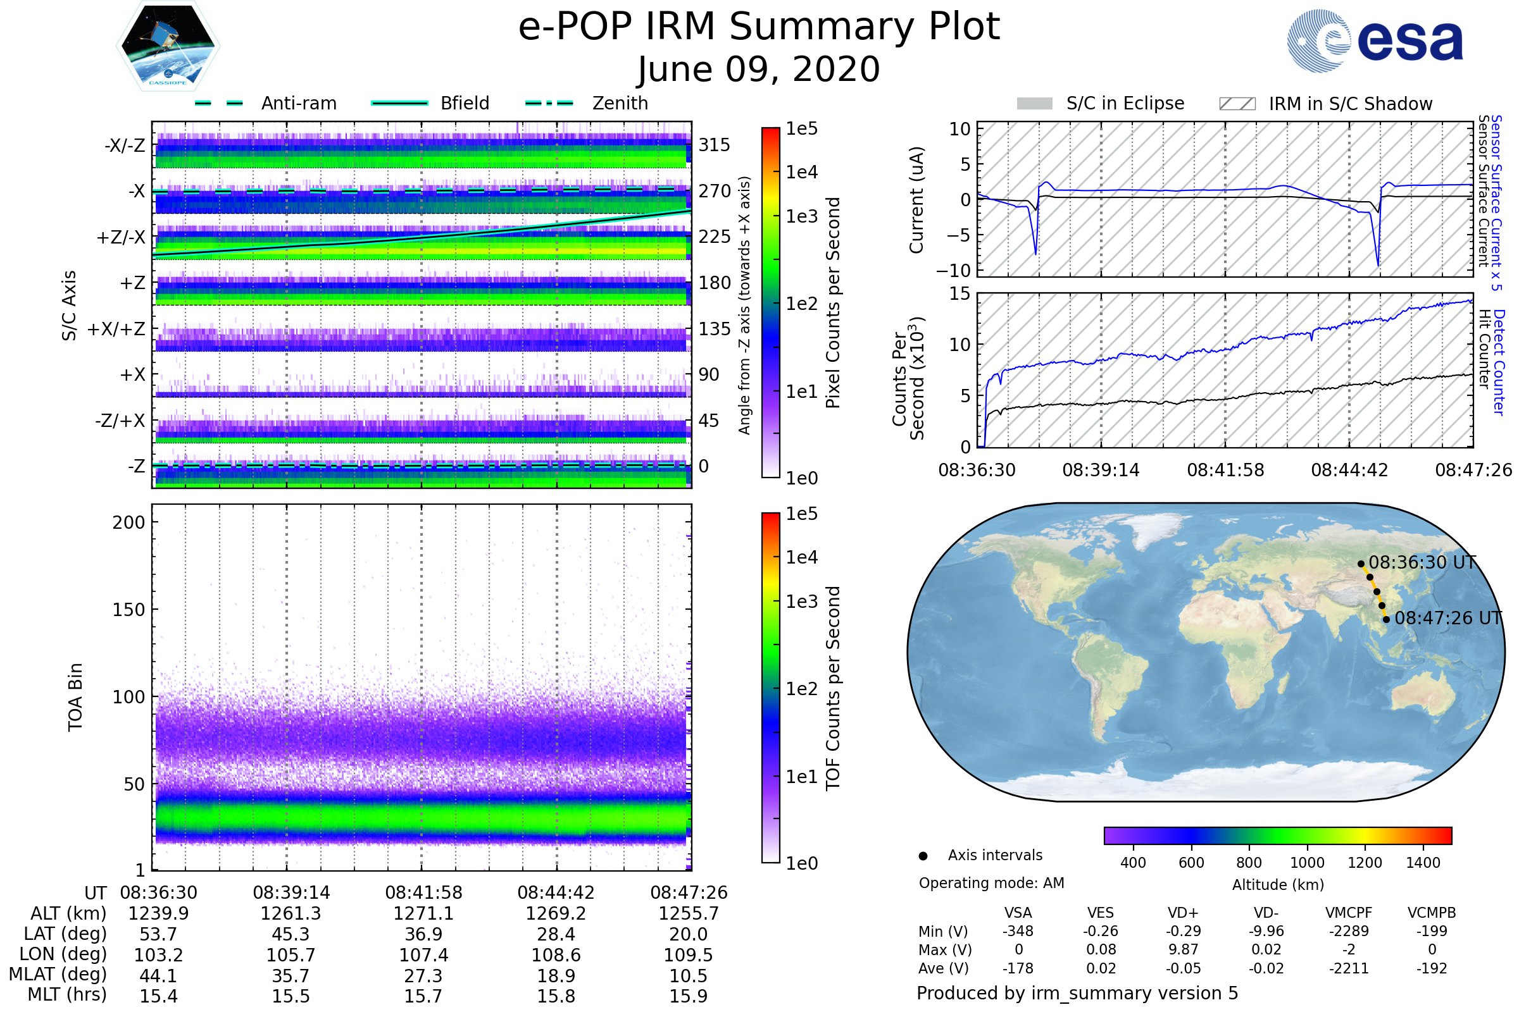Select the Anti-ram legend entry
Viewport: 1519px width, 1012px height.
tap(298, 103)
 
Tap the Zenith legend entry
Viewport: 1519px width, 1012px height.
tap(620, 103)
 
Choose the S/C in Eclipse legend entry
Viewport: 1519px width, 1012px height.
tap(1125, 103)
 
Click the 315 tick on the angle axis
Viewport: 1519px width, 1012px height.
tap(714, 145)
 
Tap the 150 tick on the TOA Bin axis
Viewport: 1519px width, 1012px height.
tap(128, 610)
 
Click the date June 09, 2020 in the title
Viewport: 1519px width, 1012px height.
tap(758, 69)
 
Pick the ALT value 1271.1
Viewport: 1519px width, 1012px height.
tap(423, 914)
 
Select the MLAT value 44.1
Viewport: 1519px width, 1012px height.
tap(158, 976)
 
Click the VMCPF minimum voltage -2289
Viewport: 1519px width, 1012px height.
tap(1349, 931)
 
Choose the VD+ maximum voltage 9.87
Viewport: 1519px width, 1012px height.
tap(1183, 950)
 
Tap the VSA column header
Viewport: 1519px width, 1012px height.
tap(1018, 913)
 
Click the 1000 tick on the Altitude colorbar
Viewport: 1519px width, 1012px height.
tap(1307, 863)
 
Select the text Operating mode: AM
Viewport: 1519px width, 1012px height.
tap(991, 883)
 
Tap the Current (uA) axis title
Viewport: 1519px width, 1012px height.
tap(916, 200)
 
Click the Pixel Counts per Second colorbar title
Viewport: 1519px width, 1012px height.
tap(833, 303)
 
